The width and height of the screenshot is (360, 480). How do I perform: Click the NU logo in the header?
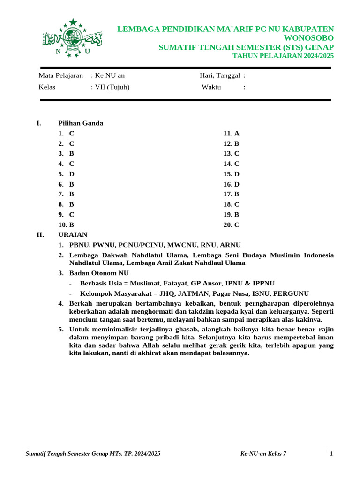click(x=73, y=38)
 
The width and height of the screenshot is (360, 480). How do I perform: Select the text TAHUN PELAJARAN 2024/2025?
click(x=284, y=56)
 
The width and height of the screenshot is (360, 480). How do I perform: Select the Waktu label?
click(x=211, y=87)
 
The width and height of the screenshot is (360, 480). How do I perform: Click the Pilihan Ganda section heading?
click(x=81, y=123)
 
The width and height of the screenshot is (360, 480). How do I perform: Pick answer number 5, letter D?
click(x=72, y=174)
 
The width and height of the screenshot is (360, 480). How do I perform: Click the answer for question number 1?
click(x=72, y=134)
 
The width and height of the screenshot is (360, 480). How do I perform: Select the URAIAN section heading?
click(x=73, y=234)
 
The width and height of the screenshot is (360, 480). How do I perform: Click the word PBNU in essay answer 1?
click(x=79, y=245)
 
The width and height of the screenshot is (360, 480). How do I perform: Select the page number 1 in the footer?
click(x=331, y=454)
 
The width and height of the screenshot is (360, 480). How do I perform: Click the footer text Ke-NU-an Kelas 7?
click(x=263, y=454)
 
